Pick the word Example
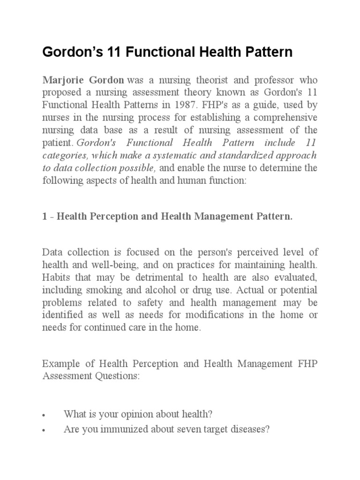(x=58, y=364)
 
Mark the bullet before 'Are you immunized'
(x=44, y=429)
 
